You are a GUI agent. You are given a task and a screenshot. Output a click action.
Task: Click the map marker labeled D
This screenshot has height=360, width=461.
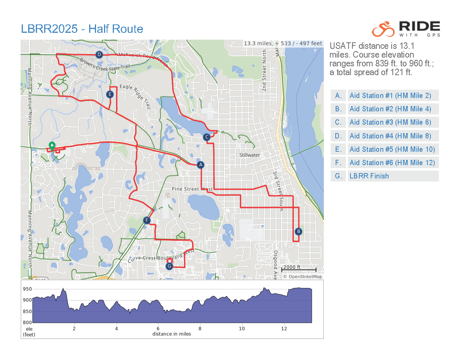click(99, 55)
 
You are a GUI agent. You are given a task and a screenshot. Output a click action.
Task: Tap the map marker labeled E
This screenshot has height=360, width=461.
click(110, 94)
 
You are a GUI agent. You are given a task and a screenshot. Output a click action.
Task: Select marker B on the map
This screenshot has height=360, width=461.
click(298, 231)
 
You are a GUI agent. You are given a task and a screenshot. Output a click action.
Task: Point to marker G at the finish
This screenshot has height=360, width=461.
click(170, 266)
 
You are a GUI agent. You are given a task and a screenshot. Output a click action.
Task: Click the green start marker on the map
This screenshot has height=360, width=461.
click(52, 145)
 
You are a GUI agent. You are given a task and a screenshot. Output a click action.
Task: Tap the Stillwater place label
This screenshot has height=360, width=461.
click(250, 155)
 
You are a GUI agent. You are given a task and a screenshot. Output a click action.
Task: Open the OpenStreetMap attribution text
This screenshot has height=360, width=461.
click(303, 276)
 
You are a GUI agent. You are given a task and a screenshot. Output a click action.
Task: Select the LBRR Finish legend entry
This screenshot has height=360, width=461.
click(369, 176)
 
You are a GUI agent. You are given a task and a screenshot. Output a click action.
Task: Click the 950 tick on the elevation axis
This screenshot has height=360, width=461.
click(27, 289)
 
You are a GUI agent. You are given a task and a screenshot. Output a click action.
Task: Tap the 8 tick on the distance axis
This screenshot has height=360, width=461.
click(200, 328)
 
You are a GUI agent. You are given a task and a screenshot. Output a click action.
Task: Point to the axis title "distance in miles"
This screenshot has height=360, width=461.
click(171, 334)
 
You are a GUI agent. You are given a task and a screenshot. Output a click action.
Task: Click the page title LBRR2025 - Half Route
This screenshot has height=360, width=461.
click(82, 29)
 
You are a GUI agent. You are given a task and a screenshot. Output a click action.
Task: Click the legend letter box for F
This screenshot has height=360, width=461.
click(338, 163)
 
